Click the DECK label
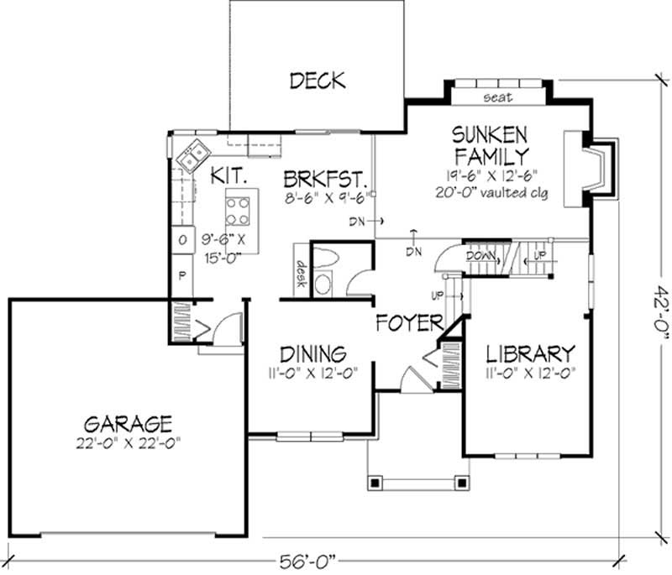317,81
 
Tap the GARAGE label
129,422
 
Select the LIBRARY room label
529,353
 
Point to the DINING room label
313,353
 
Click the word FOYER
409,323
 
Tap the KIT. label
228,176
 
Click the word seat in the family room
498,98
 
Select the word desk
299,272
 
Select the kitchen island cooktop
238,206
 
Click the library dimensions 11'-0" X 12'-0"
529,372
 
